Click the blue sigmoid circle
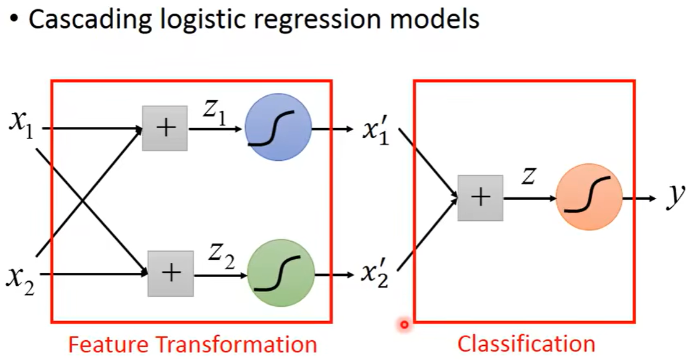click(278, 127)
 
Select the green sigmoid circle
click(281, 273)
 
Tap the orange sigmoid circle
click(589, 197)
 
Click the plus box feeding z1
click(165, 128)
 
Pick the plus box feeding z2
click(170, 273)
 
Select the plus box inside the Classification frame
click(480, 197)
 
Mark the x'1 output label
click(376, 131)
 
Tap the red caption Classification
click(526, 343)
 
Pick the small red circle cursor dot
click(405, 324)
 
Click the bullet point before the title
click(14, 20)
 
